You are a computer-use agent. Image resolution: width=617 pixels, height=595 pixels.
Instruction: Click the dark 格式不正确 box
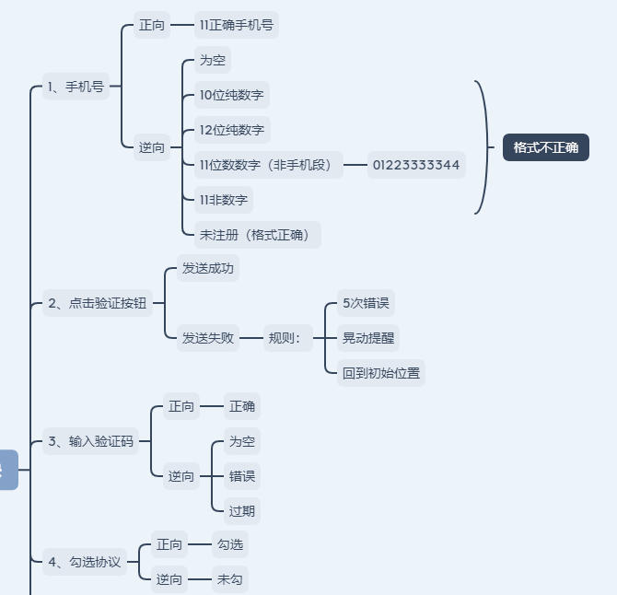click(x=545, y=147)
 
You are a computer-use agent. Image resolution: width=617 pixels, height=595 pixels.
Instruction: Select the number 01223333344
click(x=415, y=165)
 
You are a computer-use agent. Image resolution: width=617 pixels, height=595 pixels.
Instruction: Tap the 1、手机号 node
click(x=76, y=87)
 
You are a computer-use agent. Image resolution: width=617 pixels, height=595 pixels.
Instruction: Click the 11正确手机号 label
click(x=236, y=26)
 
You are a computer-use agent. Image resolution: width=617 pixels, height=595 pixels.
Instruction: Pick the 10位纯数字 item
click(x=231, y=95)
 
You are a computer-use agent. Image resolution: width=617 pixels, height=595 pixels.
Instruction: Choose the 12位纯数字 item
click(x=231, y=130)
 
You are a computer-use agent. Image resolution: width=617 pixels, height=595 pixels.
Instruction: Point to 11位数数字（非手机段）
click(x=268, y=165)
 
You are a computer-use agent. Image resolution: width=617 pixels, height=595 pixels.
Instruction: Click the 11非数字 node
click(x=223, y=200)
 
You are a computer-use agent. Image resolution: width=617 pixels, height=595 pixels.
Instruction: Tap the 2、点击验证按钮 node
click(x=98, y=303)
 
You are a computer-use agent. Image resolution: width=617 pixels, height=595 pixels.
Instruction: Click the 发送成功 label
click(x=207, y=269)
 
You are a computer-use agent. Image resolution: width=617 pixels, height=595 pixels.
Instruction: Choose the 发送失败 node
click(x=207, y=338)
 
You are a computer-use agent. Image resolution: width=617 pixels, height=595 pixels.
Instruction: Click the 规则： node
click(x=285, y=338)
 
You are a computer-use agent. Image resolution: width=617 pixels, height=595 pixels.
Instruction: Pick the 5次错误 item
click(x=366, y=303)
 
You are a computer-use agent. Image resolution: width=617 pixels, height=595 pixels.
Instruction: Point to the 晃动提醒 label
click(x=368, y=338)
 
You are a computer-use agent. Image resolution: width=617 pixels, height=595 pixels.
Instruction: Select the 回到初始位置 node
click(x=380, y=373)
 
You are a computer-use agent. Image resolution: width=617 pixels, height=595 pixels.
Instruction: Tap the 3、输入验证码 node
click(x=90, y=441)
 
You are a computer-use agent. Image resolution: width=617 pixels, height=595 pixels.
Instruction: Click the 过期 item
click(x=242, y=510)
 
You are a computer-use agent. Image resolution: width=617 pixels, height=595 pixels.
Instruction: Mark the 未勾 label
click(x=229, y=579)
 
